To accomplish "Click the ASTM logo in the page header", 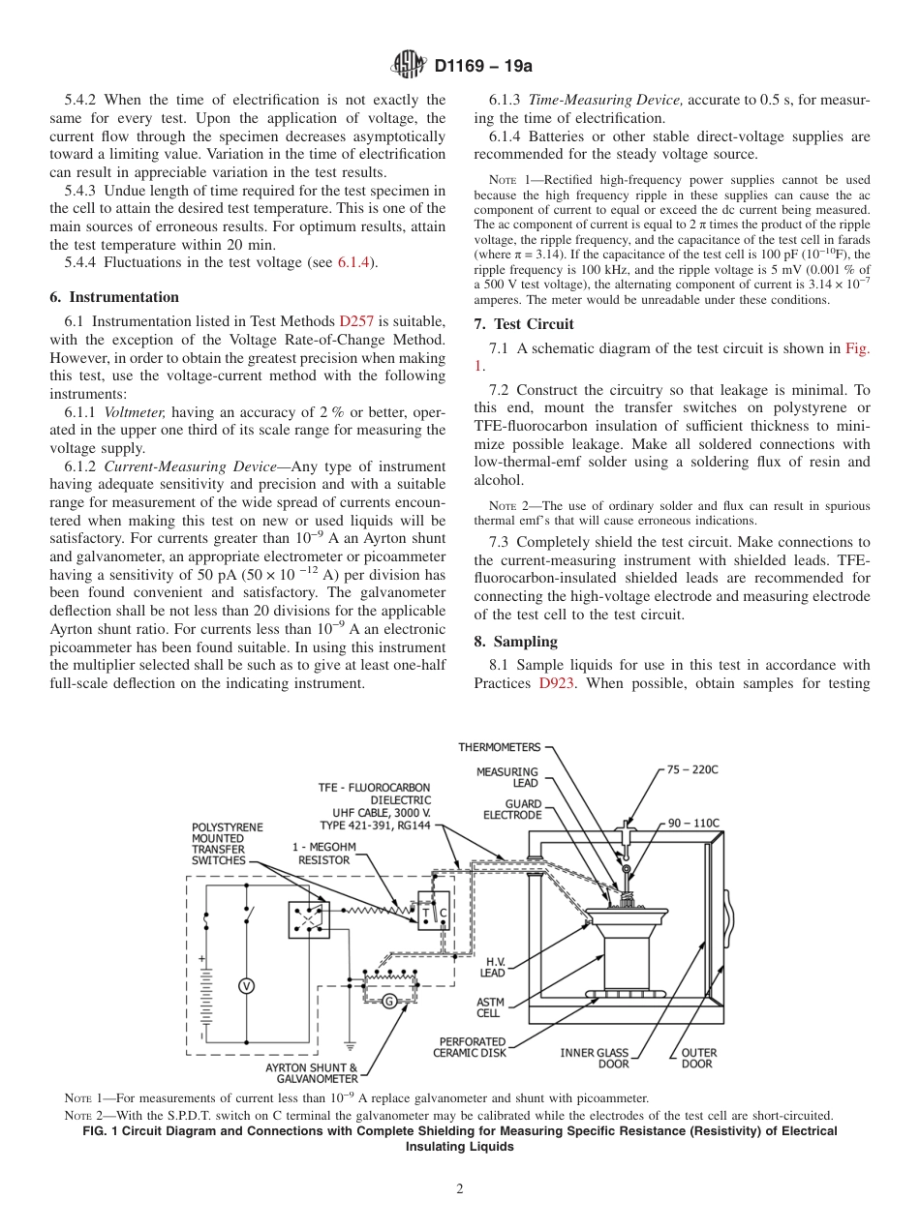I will coord(408,66).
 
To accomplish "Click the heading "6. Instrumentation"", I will coord(114,297).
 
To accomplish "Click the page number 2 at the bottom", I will coord(460,1189).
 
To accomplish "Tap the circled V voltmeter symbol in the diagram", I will coord(246,985).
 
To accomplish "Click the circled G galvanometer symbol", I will coord(388,1001).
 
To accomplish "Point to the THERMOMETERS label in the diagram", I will coord(499,747).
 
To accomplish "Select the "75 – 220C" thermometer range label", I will coord(692,769).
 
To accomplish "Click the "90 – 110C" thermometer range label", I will coord(693,824).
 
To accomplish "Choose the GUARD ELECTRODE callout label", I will coord(512,810).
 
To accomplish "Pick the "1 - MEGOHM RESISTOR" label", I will coord(323,853).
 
